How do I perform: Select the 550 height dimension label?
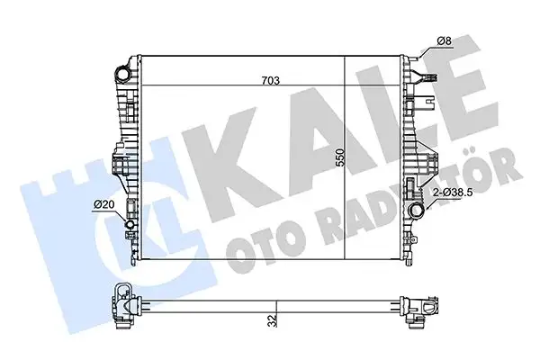click(x=340, y=159)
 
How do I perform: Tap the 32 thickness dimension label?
click(x=269, y=319)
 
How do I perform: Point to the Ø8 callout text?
click(x=444, y=40)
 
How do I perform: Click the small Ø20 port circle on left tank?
click(x=130, y=225)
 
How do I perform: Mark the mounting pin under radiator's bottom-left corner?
click(x=135, y=261)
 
